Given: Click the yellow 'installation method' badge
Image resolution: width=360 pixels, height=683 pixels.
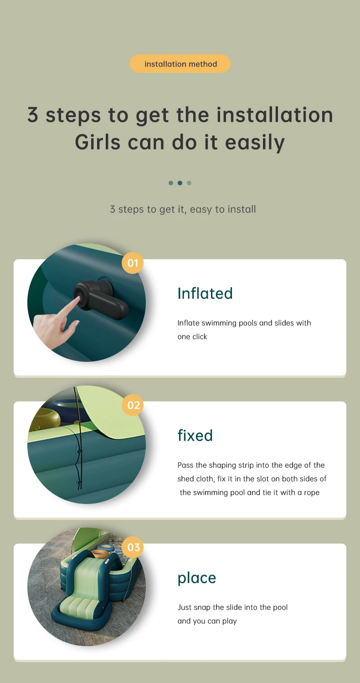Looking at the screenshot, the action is tap(180, 63).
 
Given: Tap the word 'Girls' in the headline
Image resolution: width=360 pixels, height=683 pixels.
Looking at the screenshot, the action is tap(98, 142).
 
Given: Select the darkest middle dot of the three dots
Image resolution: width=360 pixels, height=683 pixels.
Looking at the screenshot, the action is tap(180, 183).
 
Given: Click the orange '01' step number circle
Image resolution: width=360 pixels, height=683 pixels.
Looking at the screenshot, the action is tap(133, 263).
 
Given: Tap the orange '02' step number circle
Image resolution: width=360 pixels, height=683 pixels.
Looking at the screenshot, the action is tap(133, 405).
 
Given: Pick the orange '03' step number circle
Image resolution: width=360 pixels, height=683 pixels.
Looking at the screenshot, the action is tap(133, 547).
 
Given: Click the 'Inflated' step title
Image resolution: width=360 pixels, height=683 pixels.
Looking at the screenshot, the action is tap(205, 293).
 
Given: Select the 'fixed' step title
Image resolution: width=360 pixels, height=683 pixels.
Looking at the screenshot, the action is tap(195, 435).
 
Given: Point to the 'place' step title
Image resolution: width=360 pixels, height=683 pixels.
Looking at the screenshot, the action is tap(196, 578).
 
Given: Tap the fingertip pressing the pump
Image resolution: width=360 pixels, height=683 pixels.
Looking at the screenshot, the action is tap(78, 299).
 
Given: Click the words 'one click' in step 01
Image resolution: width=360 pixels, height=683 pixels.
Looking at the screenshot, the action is tap(192, 337).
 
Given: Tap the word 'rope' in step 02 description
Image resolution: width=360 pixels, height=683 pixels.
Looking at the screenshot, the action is tap(312, 493).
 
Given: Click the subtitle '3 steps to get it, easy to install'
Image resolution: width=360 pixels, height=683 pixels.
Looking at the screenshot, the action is tap(183, 209).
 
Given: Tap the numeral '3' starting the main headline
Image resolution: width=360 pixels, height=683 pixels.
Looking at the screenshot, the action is tap(33, 115).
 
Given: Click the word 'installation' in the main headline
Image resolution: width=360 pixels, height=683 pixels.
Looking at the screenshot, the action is tap(275, 115).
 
